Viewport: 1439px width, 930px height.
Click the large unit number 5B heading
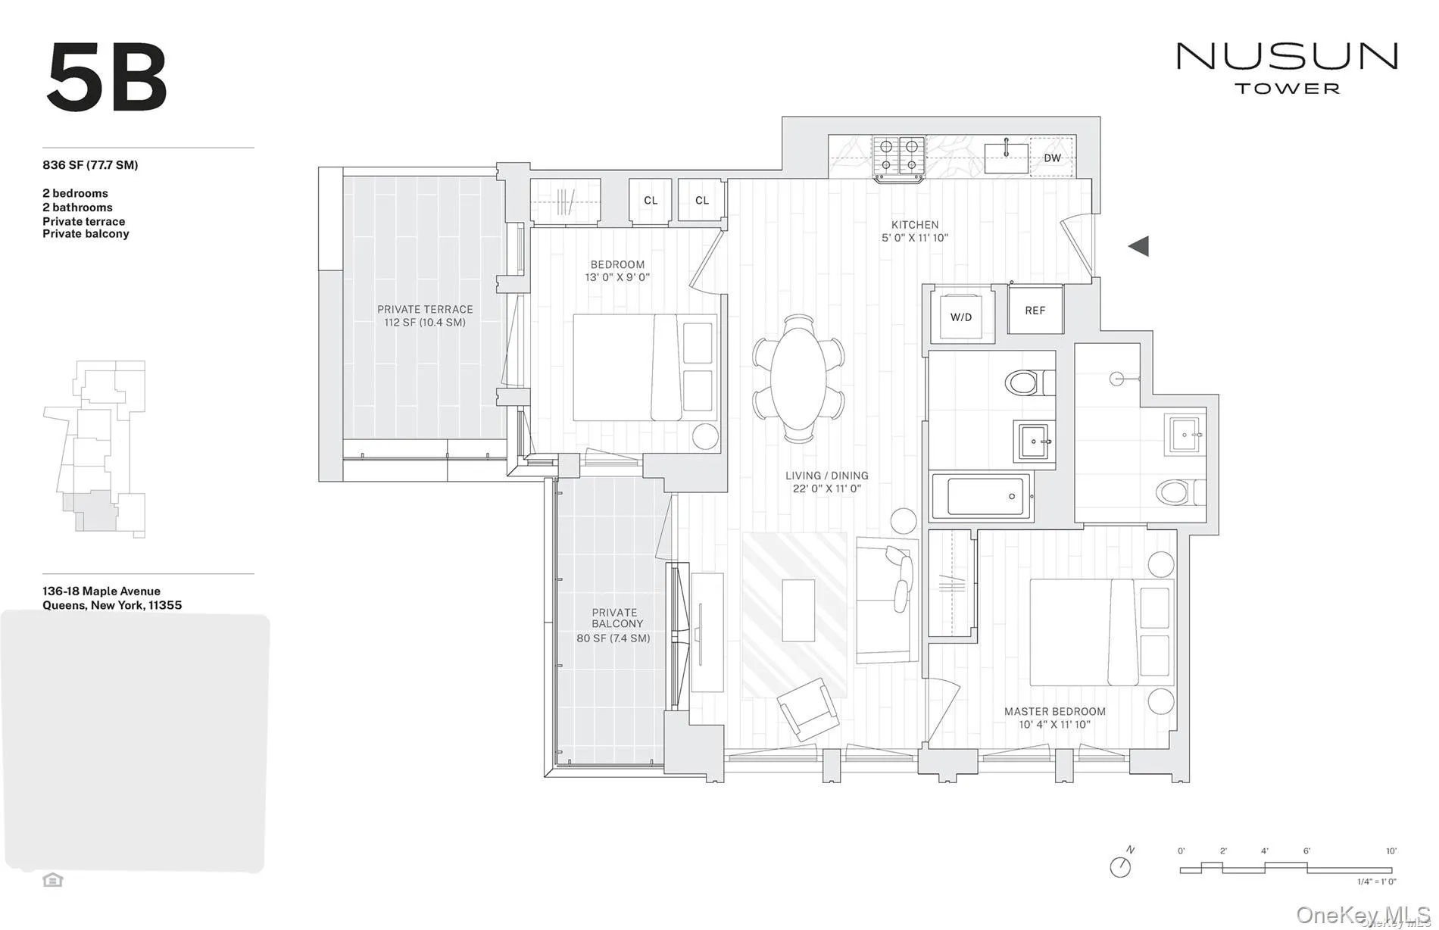click(x=107, y=78)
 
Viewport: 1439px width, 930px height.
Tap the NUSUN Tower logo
click(x=1286, y=67)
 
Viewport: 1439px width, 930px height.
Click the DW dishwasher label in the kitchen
click(x=1052, y=158)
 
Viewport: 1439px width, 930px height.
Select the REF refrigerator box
click(x=1035, y=311)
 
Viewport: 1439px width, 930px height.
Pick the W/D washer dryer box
click(x=960, y=317)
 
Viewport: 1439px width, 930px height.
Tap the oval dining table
click(x=798, y=379)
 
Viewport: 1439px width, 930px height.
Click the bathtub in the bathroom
click(x=981, y=497)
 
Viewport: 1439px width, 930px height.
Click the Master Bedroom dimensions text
click(x=1054, y=725)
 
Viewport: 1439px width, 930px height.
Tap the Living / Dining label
click(x=826, y=476)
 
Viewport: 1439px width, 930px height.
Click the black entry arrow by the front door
click(x=1138, y=246)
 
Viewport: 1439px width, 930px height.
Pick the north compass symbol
click(x=1121, y=866)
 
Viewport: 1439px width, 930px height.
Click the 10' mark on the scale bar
click(x=1391, y=851)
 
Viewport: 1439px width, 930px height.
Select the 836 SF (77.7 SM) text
click(x=90, y=165)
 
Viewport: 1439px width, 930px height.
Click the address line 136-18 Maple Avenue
click(x=101, y=591)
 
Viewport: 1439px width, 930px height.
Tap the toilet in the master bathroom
click(x=1175, y=492)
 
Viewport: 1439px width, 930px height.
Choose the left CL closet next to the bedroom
click(x=651, y=201)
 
